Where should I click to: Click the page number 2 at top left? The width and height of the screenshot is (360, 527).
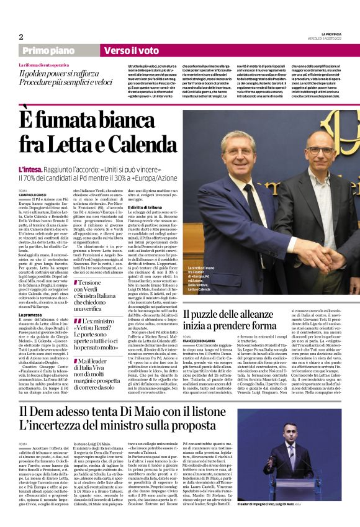pyautogui.click(x=21, y=37)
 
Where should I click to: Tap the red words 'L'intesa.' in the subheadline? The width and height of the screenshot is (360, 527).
pyautogui.click(x=30, y=169)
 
